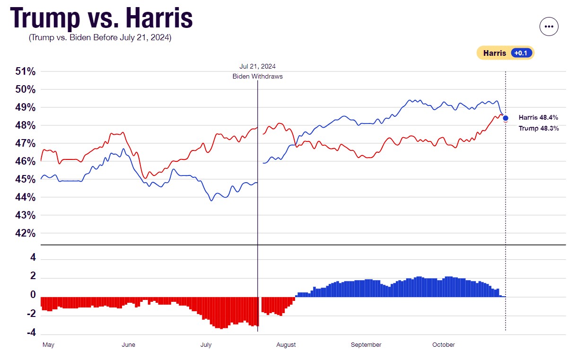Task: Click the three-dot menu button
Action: pyautogui.click(x=549, y=26)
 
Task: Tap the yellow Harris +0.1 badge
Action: pyautogui.click(x=505, y=53)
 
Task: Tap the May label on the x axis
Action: pyautogui.click(x=48, y=345)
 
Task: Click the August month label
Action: pyautogui.click(x=286, y=345)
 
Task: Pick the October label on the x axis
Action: pyautogui.click(x=443, y=345)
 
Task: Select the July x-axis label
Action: pyautogui.click(x=206, y=345)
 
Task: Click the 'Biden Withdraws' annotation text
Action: pyautogui.click(x=257, y=77)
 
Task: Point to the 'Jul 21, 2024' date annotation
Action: pyautogui.click(x=257, y=67)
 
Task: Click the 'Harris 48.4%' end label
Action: pyautogui.click(x=538, y=117)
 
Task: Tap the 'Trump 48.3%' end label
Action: pyautogui.click(x=538, y=128)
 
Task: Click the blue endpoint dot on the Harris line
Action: pyautogui.click(x=506, y=118)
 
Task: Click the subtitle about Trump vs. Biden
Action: pyautogui.click(x=100, y=37)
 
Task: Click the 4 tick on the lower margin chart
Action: pyautogui.click(x=34, y=258)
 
